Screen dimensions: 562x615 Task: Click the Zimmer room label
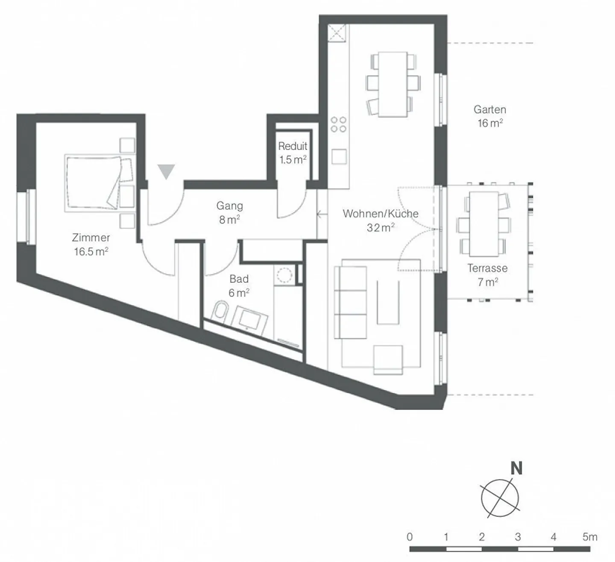(x=91, y=244)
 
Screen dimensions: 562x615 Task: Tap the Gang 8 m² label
(x=229, y=212)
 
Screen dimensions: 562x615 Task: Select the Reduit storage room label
(x=293, y=153)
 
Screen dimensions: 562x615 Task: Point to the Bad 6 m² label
(x=239, y=285)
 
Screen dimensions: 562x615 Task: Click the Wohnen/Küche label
(x=380, y=220)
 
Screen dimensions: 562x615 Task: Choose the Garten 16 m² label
(x=489, y=116)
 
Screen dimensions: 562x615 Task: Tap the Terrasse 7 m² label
(x=487, y=275)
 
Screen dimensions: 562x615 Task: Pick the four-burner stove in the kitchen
(x=338, y=124)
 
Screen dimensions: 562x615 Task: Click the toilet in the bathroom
(x=221, y=311)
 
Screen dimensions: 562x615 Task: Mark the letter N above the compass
(x=516, y=468)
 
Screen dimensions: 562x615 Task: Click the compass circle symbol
(x=500, y=497)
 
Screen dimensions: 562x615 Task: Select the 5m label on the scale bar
(x=589, y=537)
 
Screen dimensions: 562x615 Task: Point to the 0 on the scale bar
(x=410, y=537)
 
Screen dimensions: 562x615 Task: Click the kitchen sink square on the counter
(x=339, y=156)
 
